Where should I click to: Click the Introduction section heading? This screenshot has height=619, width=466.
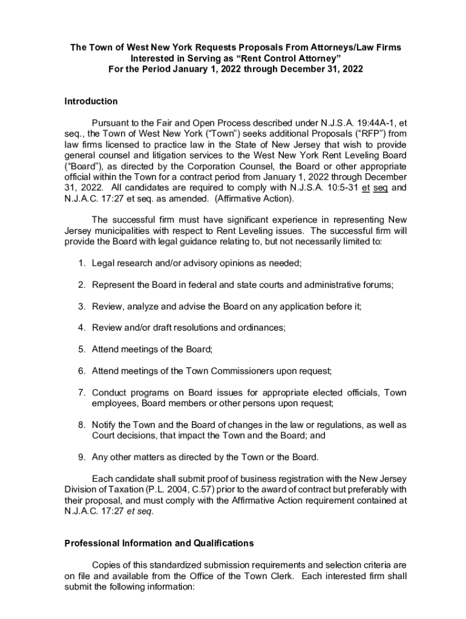(x=91, y=102)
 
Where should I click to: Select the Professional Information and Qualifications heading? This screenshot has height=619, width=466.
(x=159, y=542)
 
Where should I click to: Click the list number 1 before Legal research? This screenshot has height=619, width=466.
(x=81, y=264)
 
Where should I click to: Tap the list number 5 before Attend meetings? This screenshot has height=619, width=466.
(x=81, y=349)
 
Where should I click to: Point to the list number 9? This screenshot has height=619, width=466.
(x=81, y=456)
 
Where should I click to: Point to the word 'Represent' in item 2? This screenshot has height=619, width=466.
(x=113, y=285)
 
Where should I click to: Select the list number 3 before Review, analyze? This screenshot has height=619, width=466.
(x=81, y=306)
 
